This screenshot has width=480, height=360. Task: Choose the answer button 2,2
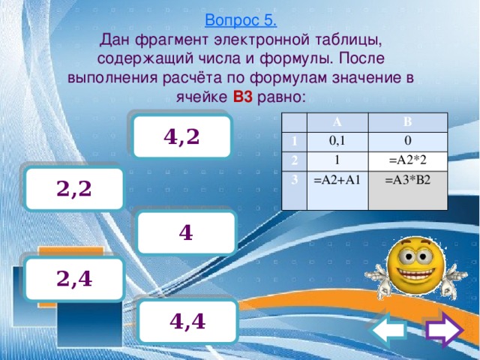tap(73, 187)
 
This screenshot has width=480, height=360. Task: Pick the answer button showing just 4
tap(187, 232)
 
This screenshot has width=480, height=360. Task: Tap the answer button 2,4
tap(73, 278)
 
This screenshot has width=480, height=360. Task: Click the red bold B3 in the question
tap(243, 97)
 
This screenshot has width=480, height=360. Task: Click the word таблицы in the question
tap(343, 38)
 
